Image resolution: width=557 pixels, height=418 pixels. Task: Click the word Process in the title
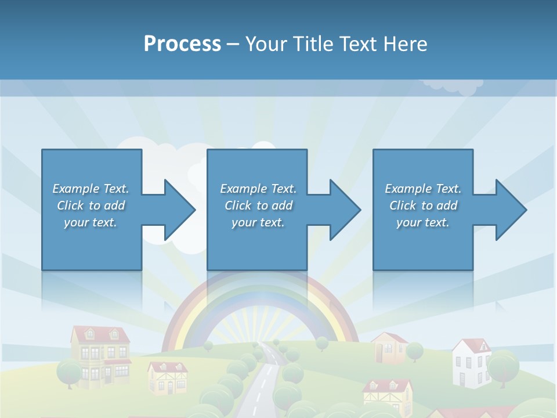[182, 44]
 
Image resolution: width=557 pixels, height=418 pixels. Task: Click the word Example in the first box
[76, 189]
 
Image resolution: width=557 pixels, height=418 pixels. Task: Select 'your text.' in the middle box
[258, 222]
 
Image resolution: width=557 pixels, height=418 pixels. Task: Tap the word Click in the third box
[403, 206]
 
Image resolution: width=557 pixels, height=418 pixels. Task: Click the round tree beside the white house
[502, 365]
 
